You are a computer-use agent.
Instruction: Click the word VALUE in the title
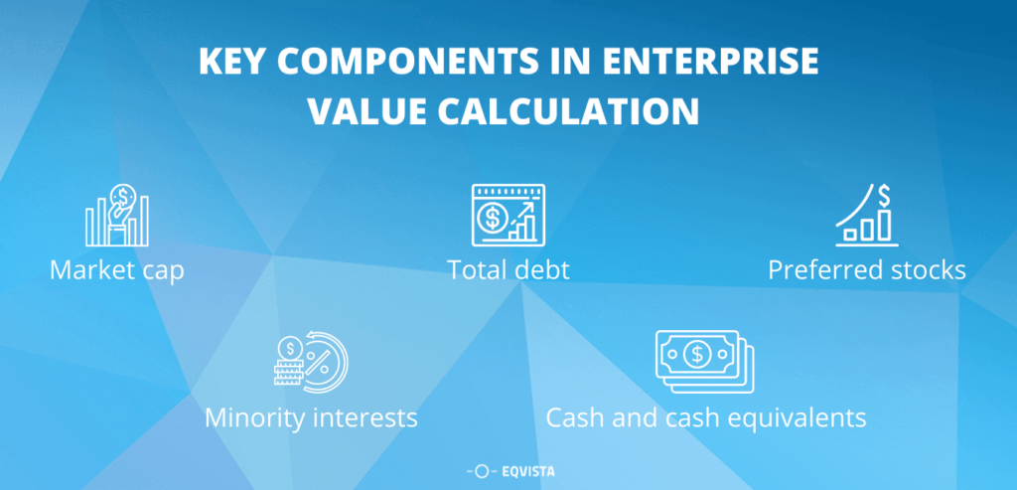click(363, 110)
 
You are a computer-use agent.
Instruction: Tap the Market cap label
click(116, 269)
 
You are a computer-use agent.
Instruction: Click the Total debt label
click(508, 269)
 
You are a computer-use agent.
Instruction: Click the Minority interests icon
click(310, 359)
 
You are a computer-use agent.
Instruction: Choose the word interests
click(368, 416)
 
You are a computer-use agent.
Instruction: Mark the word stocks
click(925, 269)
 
